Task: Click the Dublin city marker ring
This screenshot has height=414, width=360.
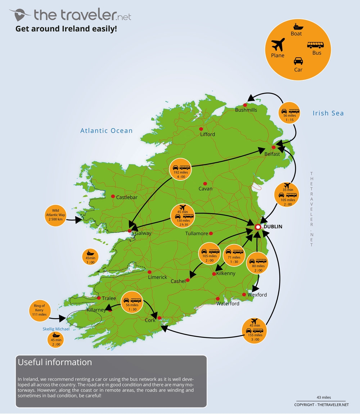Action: [258, 227]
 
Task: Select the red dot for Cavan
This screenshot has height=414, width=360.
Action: [205, 183]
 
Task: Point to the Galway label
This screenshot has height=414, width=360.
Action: [143, 233]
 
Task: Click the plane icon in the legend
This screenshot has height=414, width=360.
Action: [278, 46]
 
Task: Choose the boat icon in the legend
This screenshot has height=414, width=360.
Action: [298, 27]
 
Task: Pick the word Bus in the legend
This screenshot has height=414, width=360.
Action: [317, 53]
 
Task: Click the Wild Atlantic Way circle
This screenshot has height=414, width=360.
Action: [55, 216]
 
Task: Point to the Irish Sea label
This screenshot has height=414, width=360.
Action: [328, 113]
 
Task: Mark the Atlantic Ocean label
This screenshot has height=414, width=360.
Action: [107, 131]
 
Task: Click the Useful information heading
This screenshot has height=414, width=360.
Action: [55, 362]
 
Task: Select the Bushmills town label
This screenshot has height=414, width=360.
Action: [246, 110]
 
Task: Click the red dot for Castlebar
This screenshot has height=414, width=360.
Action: [113, 196]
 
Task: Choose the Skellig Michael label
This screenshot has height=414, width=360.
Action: [55, 329]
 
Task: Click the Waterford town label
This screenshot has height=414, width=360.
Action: [228, 304]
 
